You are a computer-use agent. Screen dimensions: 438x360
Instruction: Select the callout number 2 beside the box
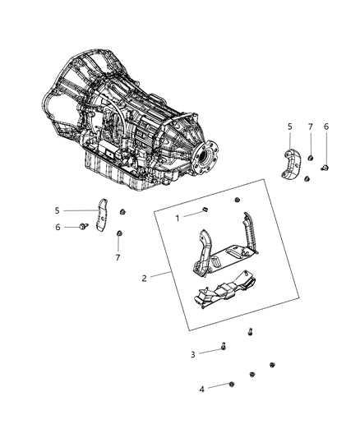click(x=145, y=279)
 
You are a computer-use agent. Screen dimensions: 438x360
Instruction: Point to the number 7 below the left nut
click(x=119, y=257)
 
